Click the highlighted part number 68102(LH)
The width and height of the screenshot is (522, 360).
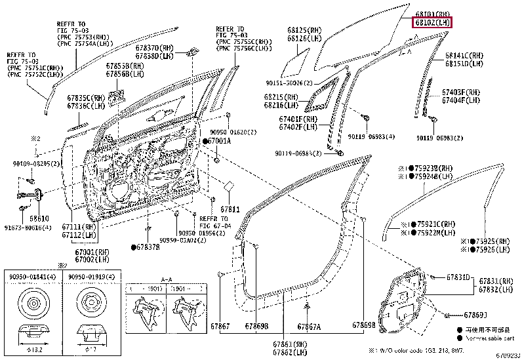(432, 23)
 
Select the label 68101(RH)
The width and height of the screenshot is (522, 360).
(432, 14)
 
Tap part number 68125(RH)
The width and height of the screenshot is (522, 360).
(304, 30)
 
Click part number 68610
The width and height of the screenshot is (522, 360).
(39, 218)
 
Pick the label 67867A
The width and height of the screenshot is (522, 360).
(309, 327)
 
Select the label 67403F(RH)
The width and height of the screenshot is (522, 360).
(462, 92)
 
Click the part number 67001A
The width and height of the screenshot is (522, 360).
(220, 141)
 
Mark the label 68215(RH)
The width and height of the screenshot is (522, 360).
(281, 96)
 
